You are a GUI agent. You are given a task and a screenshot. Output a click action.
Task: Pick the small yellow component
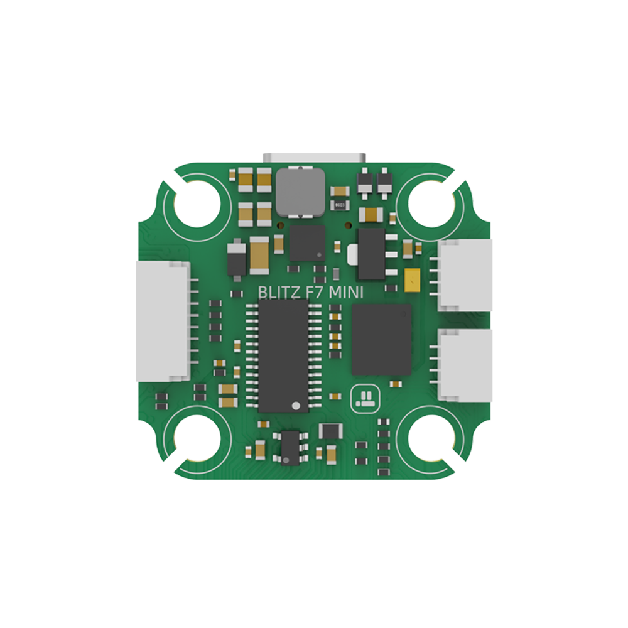(413, 280)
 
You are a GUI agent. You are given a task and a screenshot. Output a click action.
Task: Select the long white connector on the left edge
(163, 321)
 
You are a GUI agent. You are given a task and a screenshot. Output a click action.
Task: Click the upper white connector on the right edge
(465, 274)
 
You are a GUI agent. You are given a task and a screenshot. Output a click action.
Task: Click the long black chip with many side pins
(283, 355)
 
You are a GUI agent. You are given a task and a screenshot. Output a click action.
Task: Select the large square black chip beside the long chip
(381, 339)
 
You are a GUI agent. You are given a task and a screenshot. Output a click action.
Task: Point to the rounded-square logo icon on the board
(365, 397)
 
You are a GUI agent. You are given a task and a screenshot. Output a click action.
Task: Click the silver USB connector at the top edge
(315, 158)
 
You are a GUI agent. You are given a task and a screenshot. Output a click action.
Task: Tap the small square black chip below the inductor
(308, 243)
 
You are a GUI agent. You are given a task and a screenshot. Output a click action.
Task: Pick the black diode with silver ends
(237, 259)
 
